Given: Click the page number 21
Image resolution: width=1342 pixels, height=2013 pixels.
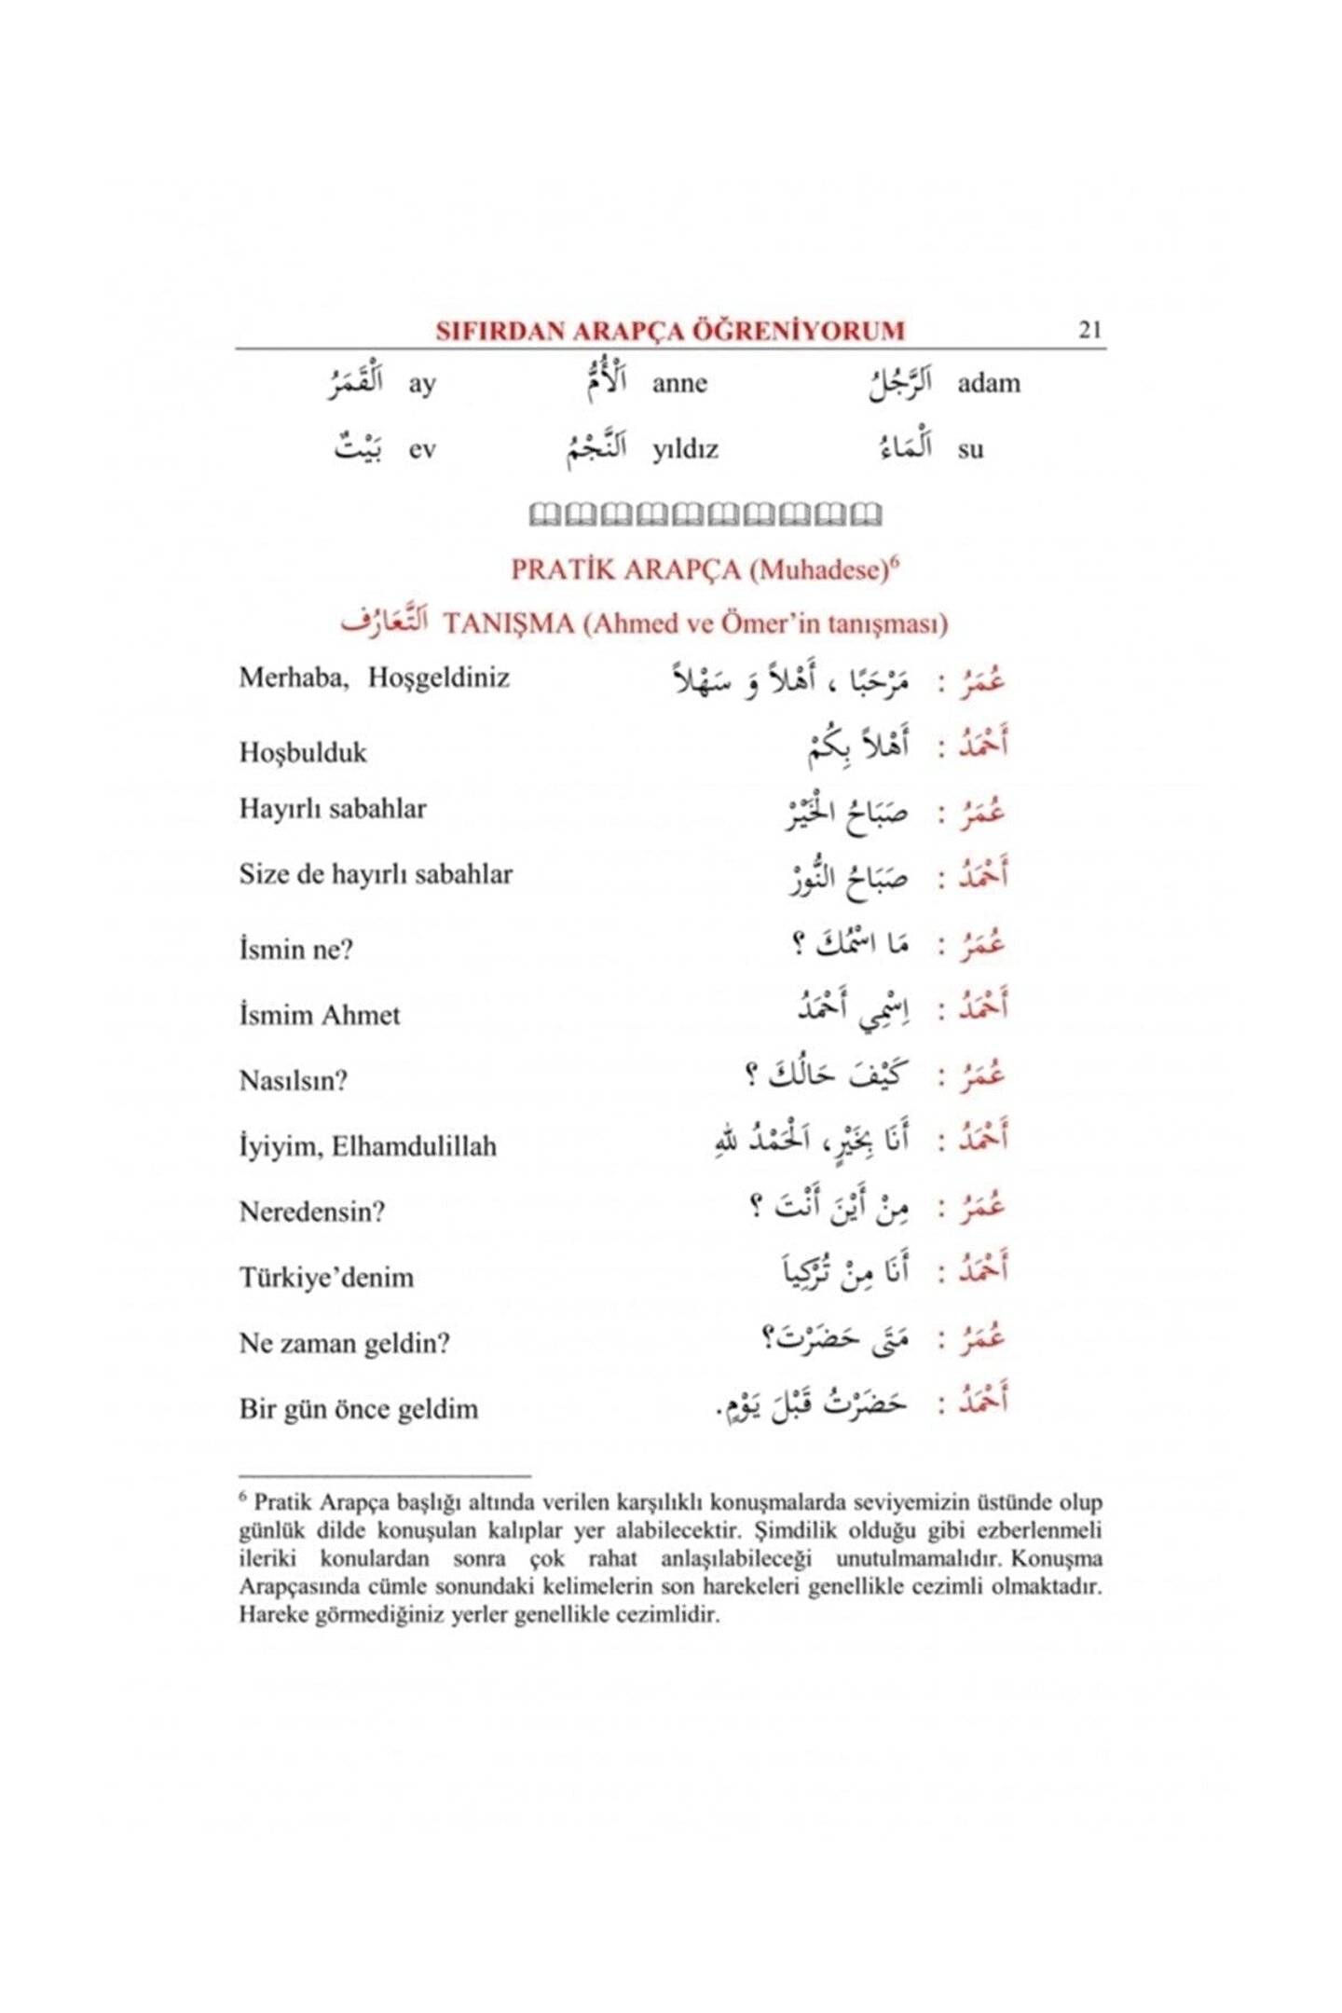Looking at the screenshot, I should tap(1089, 330).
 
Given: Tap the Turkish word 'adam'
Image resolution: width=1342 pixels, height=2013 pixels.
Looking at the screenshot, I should tap(988, 383).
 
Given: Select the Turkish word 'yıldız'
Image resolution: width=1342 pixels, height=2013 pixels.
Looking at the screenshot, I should tap(685, 449).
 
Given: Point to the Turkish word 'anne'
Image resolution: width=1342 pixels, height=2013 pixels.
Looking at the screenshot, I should tap(679, 383).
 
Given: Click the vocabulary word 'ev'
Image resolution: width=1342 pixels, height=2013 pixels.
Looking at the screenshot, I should tap(422, 449).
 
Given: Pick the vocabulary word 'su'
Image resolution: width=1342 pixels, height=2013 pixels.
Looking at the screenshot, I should tap(970, 449).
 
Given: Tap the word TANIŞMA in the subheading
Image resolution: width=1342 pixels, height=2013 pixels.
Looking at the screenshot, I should tap(509, 623).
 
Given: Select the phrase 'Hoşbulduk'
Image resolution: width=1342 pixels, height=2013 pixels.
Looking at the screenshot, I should tap(303, 752).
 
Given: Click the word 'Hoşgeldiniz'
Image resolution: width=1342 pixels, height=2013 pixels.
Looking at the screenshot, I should tap(438, 678).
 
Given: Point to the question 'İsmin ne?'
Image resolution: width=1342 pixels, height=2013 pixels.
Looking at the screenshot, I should tap(296, 949).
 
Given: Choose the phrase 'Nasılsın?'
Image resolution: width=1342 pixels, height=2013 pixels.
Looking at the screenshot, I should tap(294, 1081).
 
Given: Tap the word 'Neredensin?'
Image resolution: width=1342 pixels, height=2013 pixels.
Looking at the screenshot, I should tap(311, 1212).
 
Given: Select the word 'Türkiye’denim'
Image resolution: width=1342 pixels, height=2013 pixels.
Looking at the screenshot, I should tap(326, 1277).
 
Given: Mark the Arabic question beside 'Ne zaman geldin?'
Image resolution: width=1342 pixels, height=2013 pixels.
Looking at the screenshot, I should tap(835, 1339).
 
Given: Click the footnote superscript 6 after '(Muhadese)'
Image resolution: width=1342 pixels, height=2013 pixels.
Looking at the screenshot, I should tap(894, 561).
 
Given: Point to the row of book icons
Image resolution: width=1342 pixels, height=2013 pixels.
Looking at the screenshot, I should tap(705, 514).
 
